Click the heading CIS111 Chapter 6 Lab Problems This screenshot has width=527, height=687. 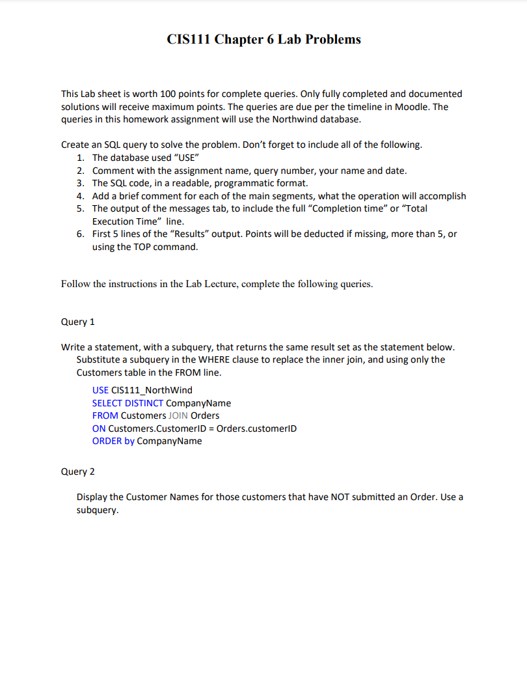[263, 40]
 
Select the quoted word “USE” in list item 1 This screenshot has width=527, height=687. [183, 158]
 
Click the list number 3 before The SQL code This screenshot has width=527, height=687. [80, 183]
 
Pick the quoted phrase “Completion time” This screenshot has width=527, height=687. [351, 208]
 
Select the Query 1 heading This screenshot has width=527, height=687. [78, 322]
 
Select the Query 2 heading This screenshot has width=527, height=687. [78, 471]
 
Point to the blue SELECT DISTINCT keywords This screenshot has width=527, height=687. [128, 403]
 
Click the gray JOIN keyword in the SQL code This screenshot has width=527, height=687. [178, 415]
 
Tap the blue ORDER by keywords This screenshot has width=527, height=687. [113, 441]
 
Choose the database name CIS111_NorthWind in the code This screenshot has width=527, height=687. [152, 390]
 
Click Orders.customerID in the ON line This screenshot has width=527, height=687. [256, 428]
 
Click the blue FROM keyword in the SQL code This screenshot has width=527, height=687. [105, 415]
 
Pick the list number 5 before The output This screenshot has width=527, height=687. [80, 208]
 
